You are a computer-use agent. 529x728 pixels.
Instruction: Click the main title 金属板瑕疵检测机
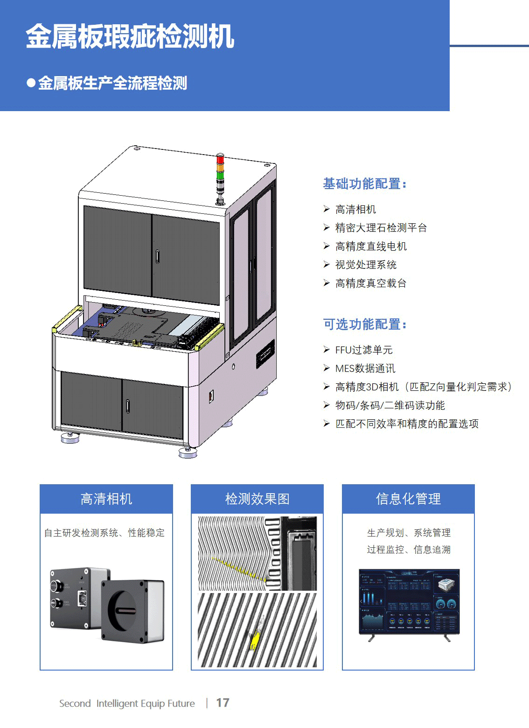[130, 37]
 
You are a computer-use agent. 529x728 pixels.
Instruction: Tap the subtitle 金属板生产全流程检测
[112, 83]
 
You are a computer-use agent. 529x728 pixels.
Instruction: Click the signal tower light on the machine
[220, 177]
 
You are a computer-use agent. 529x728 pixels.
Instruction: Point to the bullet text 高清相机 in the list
[355, 210]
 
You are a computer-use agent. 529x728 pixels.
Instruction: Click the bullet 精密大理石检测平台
[381, 228]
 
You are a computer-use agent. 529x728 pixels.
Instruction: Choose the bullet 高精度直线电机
[371, 247]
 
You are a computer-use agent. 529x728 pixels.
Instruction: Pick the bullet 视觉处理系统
[366, 265]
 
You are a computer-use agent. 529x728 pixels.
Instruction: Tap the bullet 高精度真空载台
[371, 283]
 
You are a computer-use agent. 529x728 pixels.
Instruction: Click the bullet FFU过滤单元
[364, 350]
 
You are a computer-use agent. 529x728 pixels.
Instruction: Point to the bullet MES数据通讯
[365, 369]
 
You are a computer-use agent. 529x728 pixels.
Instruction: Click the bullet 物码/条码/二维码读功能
[390, 406]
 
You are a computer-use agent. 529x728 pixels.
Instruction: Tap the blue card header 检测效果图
[257, 499]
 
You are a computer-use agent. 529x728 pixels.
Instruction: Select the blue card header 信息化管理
[408, 499]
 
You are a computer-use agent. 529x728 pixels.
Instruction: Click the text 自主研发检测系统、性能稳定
[104, 533]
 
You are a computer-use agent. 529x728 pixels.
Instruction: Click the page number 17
[223, 703]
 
